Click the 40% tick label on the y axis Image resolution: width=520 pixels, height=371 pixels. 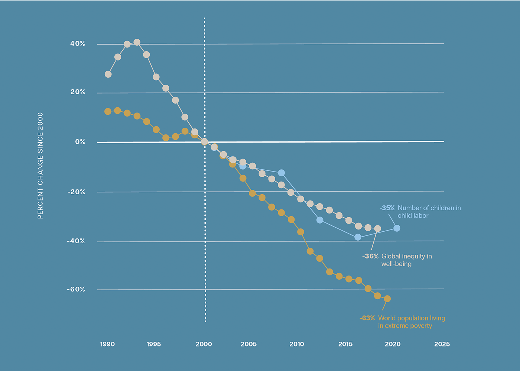click(x=78, y=44)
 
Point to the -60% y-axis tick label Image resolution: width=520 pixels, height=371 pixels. click(x=76, y=289)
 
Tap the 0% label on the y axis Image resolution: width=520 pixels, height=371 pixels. click(x=80, y=142)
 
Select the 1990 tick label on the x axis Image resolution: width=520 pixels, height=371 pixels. click(x=107, y=344)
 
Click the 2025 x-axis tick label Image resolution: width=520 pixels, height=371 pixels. click(x=442, y=344)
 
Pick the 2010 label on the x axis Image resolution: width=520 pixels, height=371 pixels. click(x=297, y=344)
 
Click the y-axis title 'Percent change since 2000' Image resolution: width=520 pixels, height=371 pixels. click(x=40, y=166)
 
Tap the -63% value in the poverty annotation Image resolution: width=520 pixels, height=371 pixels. click(x=367, y=318)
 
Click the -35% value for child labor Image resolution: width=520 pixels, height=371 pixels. click(x=387, y=208)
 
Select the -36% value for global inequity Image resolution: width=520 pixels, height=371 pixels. click(x=370, y=256)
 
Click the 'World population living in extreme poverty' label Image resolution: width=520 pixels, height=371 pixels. click(x=411, y=322)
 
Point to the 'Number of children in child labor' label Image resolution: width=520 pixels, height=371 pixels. click(x=429, y=212)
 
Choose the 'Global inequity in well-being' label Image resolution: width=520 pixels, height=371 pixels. click(x=406, y=260)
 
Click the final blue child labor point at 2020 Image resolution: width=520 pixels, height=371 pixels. click(x=397, y=228)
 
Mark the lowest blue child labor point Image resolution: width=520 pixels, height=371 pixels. click(x=358, y=237)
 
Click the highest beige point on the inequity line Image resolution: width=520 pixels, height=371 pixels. click(x=137, y=42)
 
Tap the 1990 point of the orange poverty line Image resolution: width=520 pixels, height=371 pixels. click(x=108, y=111)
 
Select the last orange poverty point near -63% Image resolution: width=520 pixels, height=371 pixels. click(x=387, y=299)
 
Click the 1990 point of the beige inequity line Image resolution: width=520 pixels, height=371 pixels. click(x=108, y=74)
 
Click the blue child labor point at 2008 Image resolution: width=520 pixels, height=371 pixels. click(x=281, y=173)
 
